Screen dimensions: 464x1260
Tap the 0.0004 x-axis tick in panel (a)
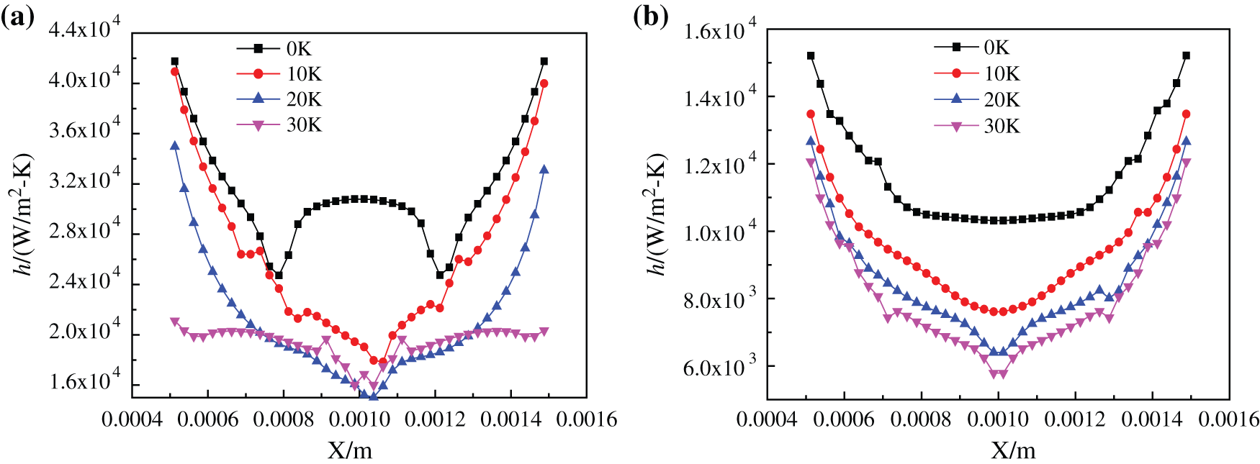coord(131,419)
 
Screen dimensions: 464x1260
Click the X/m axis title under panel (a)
coord(351,450)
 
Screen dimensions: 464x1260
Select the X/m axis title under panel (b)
coord(1014,450)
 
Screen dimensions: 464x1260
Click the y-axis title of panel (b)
coord(655,214)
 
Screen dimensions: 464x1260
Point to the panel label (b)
coord(650,16)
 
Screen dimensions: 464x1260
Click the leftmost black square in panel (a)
coord(174,61)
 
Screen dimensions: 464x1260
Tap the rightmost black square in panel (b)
coord(1186,55)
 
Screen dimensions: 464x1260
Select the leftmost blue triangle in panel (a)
coord(174,146)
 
